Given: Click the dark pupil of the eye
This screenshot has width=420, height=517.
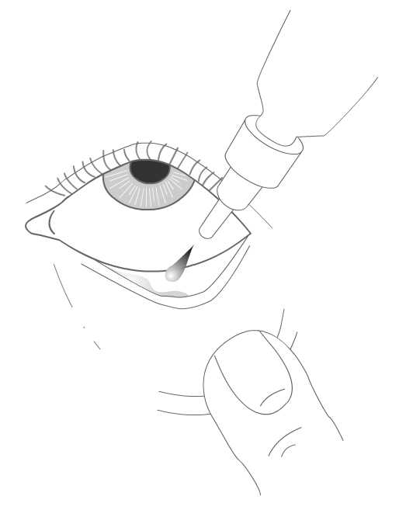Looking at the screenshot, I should tap(150, 171).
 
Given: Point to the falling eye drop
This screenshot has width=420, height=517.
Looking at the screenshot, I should tap(176, 267).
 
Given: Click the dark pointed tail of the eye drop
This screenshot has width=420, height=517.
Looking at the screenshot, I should tap(189, 253).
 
